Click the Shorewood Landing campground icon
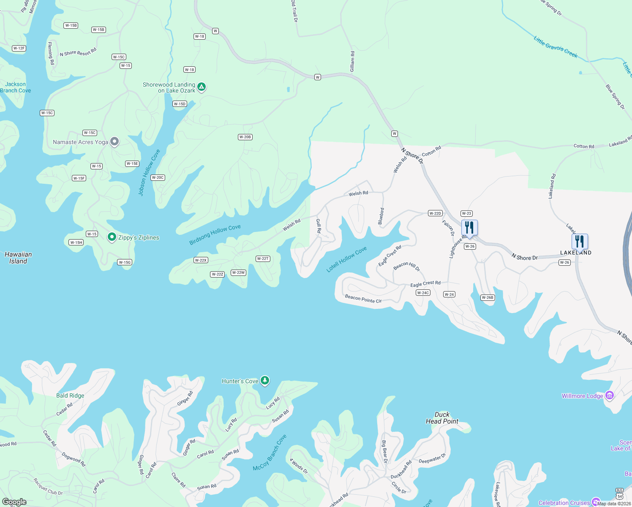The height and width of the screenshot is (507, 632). click(x=202, y=87)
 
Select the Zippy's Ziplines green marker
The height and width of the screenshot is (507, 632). click(x=112, y=237)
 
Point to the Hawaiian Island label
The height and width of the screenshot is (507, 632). click(x=18, y=258)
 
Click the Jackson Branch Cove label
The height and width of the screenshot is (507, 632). click(x=16, y=87)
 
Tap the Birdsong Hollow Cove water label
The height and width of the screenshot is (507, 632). click(x=215, y=234)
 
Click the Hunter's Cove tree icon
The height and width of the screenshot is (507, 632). click(x=265, y=381)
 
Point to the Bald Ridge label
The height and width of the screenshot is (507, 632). click(x=70, y=395)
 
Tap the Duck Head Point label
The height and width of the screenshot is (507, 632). click(x=442, y=418)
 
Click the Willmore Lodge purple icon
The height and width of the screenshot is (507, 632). click(x=609, y=396)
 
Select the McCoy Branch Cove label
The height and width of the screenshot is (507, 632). click(x=270, y=453)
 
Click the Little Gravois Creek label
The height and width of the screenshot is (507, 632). click(x=555, y=46)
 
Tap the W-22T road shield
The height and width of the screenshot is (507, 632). click(x=263, y=259)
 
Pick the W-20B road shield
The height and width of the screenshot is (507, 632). click(x=245, y=137)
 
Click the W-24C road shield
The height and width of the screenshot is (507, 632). click(x=423, y=293)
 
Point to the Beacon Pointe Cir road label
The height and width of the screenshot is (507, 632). click(x=363, y=299)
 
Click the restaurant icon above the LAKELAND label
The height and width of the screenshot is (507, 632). click(x=580, y=242)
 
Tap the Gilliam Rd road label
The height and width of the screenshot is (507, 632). click(x=352, y=61)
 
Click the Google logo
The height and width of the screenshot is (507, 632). click(x=14, y=502)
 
